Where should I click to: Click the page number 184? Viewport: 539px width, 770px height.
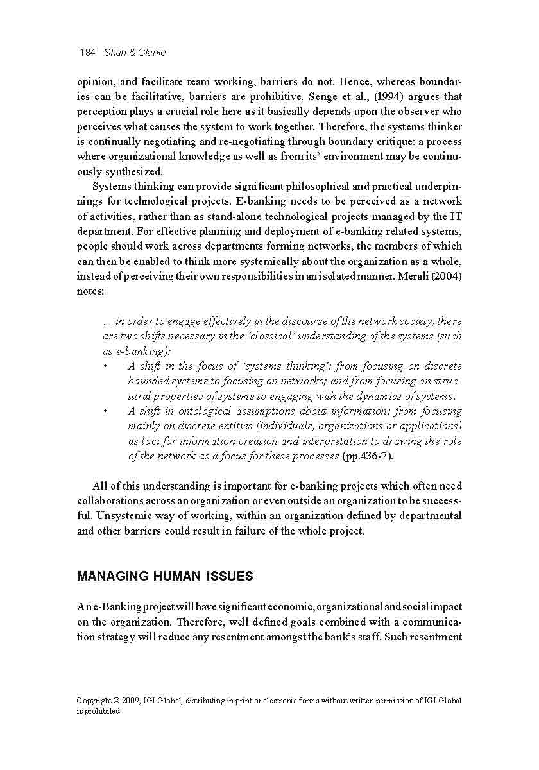click(87, 53)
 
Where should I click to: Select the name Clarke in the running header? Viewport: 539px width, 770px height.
click(152, 53)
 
